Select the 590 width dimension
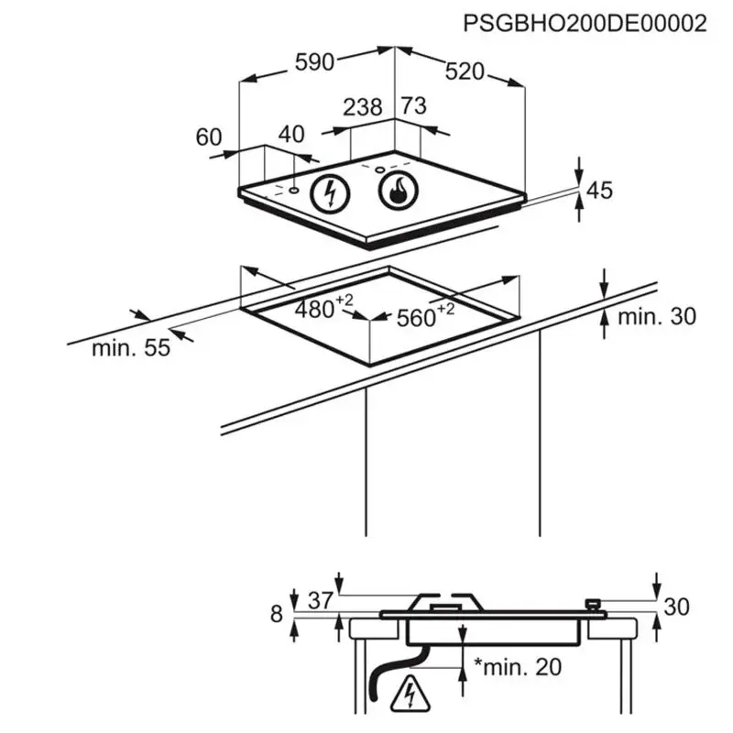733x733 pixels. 313,63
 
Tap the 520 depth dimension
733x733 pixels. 466,71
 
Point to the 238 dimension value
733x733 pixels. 362,107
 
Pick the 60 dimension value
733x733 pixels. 209,137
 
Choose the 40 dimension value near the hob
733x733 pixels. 290,134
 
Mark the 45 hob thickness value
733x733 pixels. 599,191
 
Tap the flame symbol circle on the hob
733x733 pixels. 397,191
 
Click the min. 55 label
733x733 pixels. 131,348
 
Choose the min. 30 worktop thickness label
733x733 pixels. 656,317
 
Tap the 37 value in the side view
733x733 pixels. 319,601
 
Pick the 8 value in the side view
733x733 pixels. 277,614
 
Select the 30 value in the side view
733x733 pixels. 678,607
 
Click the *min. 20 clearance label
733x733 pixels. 517,667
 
